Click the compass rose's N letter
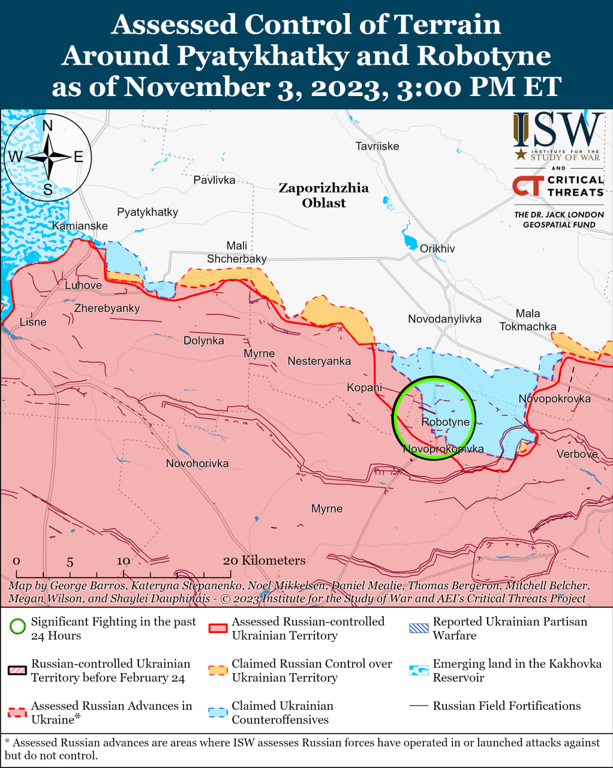(47, 125)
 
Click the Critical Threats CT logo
(528, 186)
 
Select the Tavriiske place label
(377, 146)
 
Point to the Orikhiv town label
(437, 248)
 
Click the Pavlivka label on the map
(214, 180)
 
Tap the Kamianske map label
(80, 226)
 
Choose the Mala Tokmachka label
(528, 320)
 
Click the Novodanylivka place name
(444, 319)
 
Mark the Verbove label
(577, 454)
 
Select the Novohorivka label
(197, 463)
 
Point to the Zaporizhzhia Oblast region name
(324, 195)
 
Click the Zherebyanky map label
(107, 308)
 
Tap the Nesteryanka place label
(319, 361)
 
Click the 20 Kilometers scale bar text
(264, 560)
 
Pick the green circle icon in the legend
(17, 627)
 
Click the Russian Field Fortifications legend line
(419, 706)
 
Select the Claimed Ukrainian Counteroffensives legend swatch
(218, 713)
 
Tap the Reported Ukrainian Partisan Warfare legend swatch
(419, 628)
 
